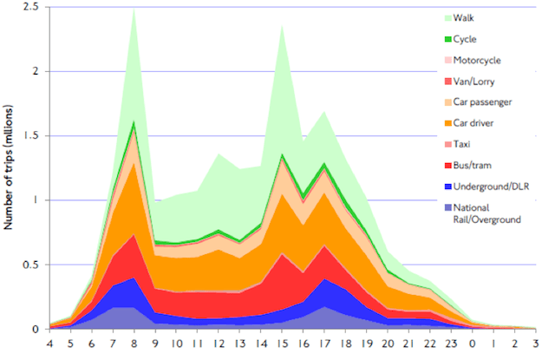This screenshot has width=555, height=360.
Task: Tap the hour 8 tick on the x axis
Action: (134, 344)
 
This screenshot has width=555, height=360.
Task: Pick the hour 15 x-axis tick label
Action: (281, 344)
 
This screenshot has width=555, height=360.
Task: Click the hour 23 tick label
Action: (451, 344)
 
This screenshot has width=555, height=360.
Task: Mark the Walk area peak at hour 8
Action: (134, 12)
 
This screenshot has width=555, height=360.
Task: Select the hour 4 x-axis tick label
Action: (49, 344)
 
